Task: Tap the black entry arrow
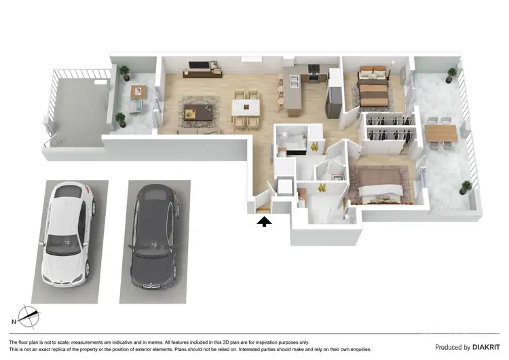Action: (x=263, y=219)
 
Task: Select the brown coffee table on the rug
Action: (x=197, y=111)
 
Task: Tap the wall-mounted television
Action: (x=199, y=67)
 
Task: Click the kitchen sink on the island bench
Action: (x=295, y=83)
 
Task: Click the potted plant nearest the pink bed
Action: (x=466, y=186)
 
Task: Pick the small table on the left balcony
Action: (x=138, y=92)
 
